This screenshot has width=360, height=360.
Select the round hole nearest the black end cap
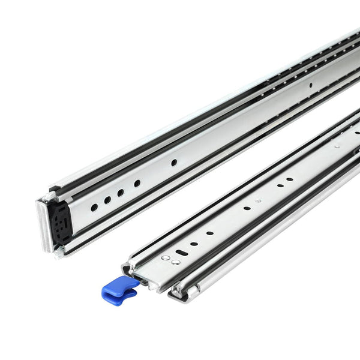tap(94, 207)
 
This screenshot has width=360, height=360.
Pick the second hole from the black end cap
tap(107, 200)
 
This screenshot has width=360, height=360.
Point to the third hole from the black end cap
tap(121, 192)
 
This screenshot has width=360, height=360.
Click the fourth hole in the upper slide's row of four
tap(137, 183)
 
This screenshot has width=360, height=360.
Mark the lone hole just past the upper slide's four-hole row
tap(173, 162)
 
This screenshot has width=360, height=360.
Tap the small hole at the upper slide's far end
tap(310, 85)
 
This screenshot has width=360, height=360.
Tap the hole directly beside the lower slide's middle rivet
tap(247, 208)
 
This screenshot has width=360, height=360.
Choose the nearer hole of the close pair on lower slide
tap(280, 185)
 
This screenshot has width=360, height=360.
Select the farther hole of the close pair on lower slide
tap(290, 179)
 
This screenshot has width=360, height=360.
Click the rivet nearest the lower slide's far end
tap(337, 145)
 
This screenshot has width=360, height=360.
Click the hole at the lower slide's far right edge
tap(356, 132)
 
